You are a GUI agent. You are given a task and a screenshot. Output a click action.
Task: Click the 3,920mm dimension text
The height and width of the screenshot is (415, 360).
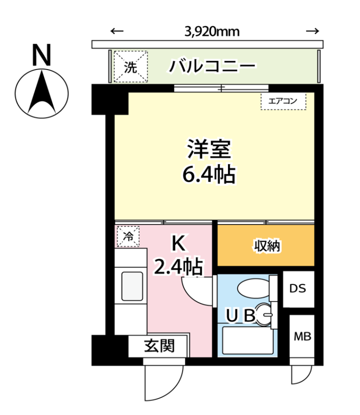(212, 32)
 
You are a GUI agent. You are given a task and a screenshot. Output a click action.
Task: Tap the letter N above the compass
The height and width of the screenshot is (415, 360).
(41, 55)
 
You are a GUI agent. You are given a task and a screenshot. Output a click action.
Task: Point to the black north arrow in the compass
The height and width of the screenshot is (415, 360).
(42, 92)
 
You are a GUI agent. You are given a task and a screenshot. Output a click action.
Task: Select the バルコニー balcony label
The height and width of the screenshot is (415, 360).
(212, 66)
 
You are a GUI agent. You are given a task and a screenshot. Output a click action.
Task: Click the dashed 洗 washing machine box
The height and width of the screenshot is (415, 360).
(131, 66)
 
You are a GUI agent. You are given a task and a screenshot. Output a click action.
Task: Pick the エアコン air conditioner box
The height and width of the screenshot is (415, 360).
(283, 101)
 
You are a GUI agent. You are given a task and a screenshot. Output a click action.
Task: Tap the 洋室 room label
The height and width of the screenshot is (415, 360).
(209, 149)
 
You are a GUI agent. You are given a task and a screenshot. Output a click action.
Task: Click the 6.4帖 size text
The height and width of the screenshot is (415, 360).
(209, 174)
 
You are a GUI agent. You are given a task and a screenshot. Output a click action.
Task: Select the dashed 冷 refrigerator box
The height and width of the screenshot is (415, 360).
(128, 236)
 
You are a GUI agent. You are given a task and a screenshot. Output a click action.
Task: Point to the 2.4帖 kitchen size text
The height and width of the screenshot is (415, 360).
(178, 266)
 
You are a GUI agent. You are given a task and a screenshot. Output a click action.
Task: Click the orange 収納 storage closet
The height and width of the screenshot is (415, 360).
(266, 245)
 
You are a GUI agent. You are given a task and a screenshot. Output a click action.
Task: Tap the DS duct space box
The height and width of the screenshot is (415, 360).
(298, 289)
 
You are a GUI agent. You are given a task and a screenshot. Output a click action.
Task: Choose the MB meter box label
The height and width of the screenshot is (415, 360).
(302, 336)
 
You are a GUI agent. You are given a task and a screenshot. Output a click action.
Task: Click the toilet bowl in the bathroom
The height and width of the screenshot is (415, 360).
(254, 288)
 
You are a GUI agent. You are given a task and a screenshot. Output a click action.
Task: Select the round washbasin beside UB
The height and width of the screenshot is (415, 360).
(264, 314)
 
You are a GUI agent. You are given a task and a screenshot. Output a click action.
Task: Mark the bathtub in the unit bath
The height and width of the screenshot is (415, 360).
(248, 340)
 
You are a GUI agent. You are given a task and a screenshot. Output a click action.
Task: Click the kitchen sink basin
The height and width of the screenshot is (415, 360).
(132, 286)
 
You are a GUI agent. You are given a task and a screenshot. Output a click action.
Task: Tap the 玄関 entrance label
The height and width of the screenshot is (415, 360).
(159, 346)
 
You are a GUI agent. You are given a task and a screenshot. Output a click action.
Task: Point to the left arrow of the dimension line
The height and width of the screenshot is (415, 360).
(117, 31)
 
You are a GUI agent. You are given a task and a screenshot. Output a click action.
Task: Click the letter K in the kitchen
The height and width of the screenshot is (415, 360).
(178, 243)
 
